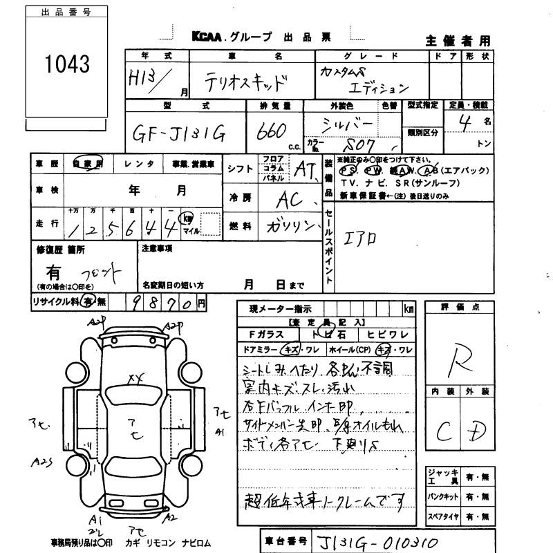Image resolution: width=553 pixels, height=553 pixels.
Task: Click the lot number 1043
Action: point(67,65)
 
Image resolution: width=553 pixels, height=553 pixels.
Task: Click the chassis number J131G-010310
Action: point(377,541)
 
